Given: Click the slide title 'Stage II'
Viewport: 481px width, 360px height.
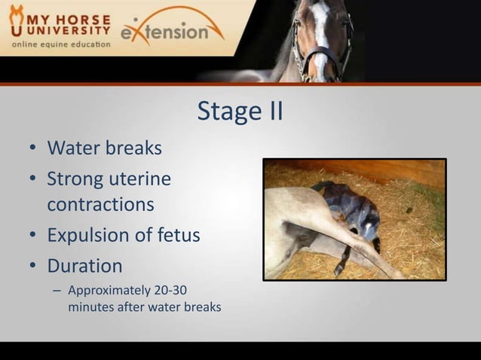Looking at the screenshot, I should pos(240,111).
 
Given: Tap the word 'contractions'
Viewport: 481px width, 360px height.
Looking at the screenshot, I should pos(100,204).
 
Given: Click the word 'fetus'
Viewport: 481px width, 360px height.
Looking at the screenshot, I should pos(178,235).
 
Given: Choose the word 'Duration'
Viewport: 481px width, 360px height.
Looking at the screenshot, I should pos(84,266).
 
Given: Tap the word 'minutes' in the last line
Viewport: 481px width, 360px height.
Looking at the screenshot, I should pos(90,307).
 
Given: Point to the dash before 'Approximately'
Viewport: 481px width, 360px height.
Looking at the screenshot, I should pos(56,290).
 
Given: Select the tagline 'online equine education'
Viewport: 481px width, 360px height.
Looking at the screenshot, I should pos(60,44).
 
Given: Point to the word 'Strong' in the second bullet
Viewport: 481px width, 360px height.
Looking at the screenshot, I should pos(73,179).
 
